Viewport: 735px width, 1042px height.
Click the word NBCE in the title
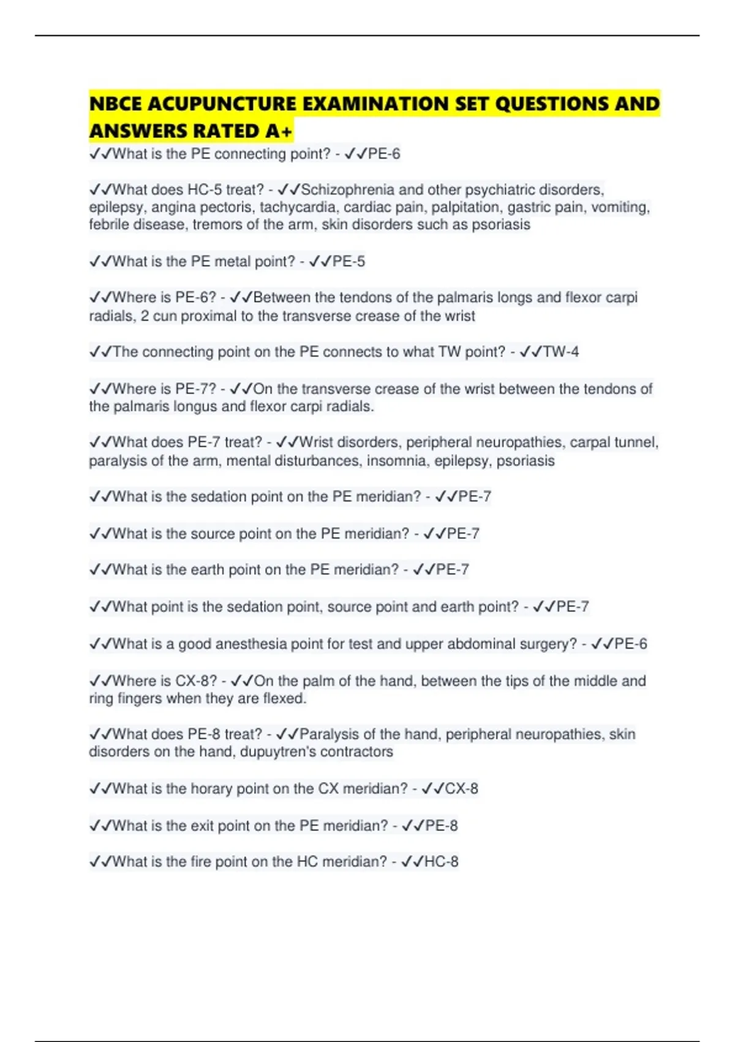116,104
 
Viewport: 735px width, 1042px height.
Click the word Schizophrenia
347,189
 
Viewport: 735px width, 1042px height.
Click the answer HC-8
441,862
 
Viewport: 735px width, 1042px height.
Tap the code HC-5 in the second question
204,189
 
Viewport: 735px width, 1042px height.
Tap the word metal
232,262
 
